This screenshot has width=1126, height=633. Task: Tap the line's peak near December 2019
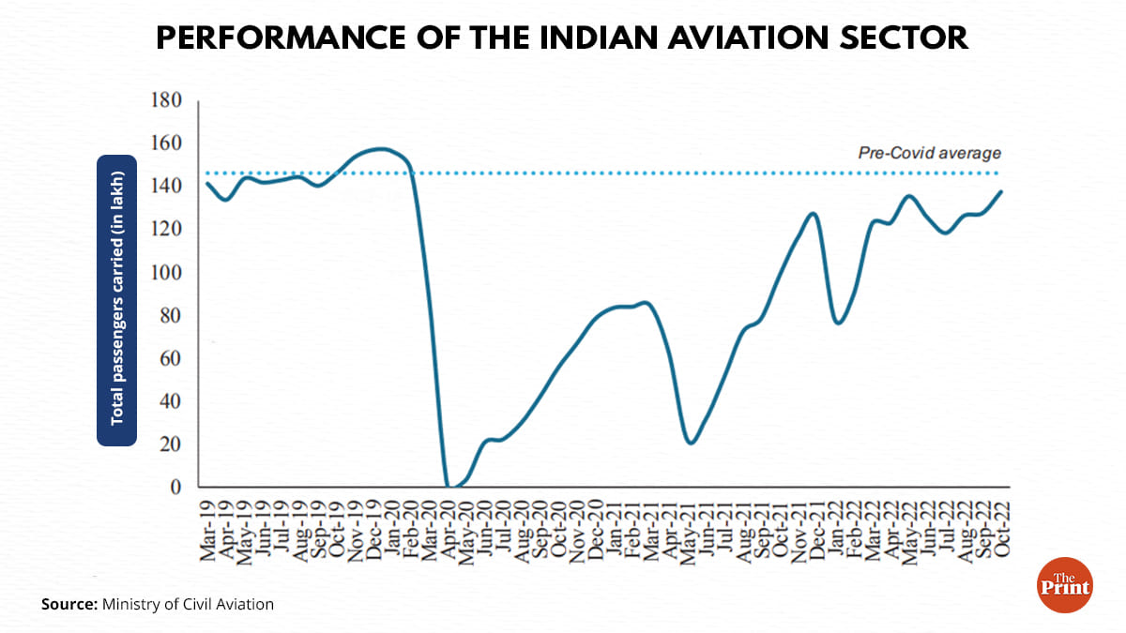pos(380,148)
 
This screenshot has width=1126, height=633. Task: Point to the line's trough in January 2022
pos(838,323)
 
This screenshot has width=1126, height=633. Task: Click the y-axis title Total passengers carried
pos(117,299)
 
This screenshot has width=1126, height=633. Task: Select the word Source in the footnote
pos(68,604)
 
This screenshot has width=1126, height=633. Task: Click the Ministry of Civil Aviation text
pos(188,604)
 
